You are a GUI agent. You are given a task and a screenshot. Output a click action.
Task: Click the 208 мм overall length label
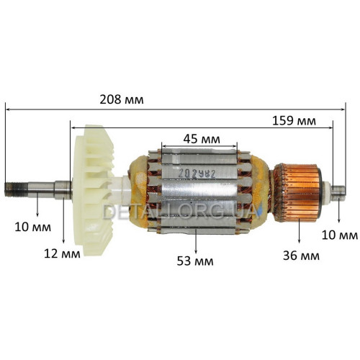[122, 99]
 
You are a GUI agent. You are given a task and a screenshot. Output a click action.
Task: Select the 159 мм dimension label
[294, 121]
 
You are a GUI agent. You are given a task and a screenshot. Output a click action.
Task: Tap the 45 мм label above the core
[202, 139]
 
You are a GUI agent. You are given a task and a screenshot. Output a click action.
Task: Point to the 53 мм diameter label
[195, 261]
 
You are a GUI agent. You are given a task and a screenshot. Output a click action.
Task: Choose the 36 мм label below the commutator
[301, 256]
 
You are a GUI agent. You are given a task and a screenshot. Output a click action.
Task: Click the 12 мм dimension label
[62, 253]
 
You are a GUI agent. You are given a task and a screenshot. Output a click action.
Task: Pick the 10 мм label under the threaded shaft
[33, 227]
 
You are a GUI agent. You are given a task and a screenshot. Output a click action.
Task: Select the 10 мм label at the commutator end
[340, 235]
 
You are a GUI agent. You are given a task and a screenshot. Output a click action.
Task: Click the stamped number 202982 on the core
[197, 174]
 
